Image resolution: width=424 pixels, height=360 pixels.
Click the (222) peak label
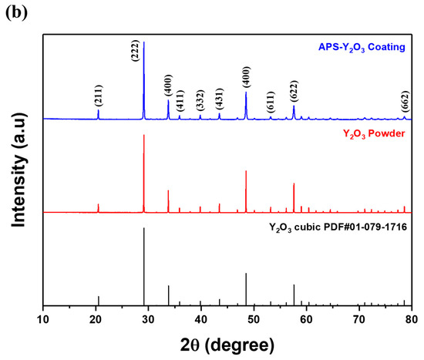point(134,54)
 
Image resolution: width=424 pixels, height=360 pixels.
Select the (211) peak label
point(98,98)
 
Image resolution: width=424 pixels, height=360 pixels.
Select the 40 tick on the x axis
point(201,318)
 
